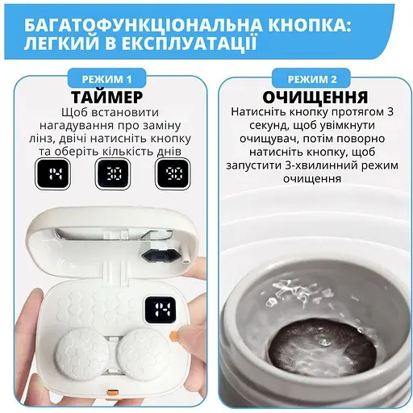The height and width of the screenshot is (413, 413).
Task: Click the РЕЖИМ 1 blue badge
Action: click(107, 78)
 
